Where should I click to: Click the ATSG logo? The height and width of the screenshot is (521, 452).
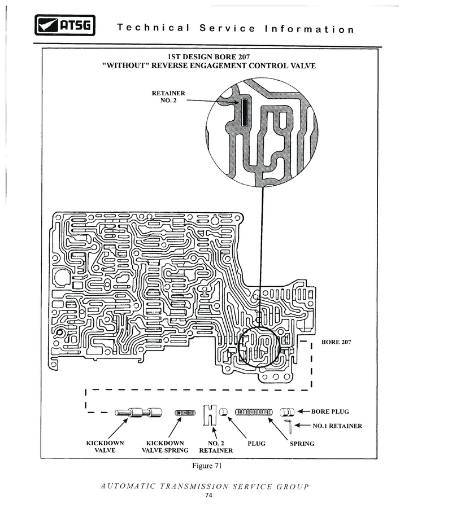(65, 25)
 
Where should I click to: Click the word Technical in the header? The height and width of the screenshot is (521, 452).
(153, 28)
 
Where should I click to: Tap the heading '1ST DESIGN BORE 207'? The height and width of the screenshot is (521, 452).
(208, 57)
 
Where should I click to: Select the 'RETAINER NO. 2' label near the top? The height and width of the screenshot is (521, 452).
(168, 97)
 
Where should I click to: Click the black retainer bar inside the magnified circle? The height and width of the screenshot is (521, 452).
(245, 113)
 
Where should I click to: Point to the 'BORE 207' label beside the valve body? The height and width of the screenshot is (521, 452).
(336, 342)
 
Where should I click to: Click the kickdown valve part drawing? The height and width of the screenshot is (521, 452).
(138, 413)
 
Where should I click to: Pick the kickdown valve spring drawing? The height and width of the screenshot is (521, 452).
(185, 413)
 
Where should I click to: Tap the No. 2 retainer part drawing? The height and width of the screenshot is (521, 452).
(210, 415)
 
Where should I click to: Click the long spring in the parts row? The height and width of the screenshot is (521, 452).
(254, 413)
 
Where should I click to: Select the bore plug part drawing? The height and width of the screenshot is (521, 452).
(287, 412)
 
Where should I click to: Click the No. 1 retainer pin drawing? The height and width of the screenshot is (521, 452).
(288, 426)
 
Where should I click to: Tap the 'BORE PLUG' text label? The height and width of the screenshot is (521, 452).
(330, 411)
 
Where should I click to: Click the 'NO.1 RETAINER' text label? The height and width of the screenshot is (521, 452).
(337, 426)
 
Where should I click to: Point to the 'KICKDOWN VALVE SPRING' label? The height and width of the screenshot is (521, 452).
(165, 446)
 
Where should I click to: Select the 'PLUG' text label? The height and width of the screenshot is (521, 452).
(257, 444)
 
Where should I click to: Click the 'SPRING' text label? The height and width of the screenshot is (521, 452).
(302, 444)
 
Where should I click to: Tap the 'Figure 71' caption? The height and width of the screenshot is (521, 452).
(207, 466)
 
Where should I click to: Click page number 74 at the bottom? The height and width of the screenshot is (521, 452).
(208, 495)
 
